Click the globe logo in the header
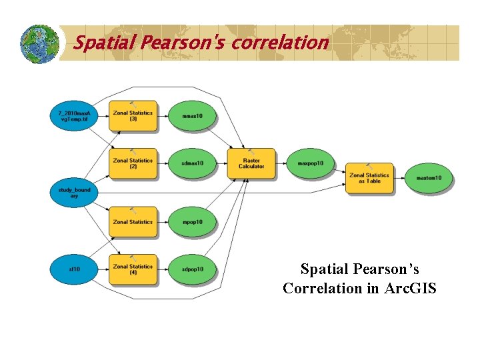(x=39, y=44)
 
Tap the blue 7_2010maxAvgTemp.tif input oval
(x=73, y=116)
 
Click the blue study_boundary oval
(x=73, y=193)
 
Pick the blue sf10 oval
(x=73, y=269)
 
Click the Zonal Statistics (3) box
(x=133, y=116)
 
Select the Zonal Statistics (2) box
(x=133, y=163)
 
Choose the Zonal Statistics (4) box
(x=133, y=269)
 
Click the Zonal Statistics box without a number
(x=133, y=222)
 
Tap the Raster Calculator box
(x=251, y=163)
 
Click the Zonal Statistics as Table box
(x=369, y=177)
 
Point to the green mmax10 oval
(x=192, y=116)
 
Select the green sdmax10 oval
(x=192, y=163)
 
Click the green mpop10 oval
(x=192, y=222)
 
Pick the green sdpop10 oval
(x=192, y=269)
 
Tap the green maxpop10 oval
(x=310, y=163)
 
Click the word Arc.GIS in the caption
(x=410, y=289)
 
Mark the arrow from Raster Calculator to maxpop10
(x=281, y=163)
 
